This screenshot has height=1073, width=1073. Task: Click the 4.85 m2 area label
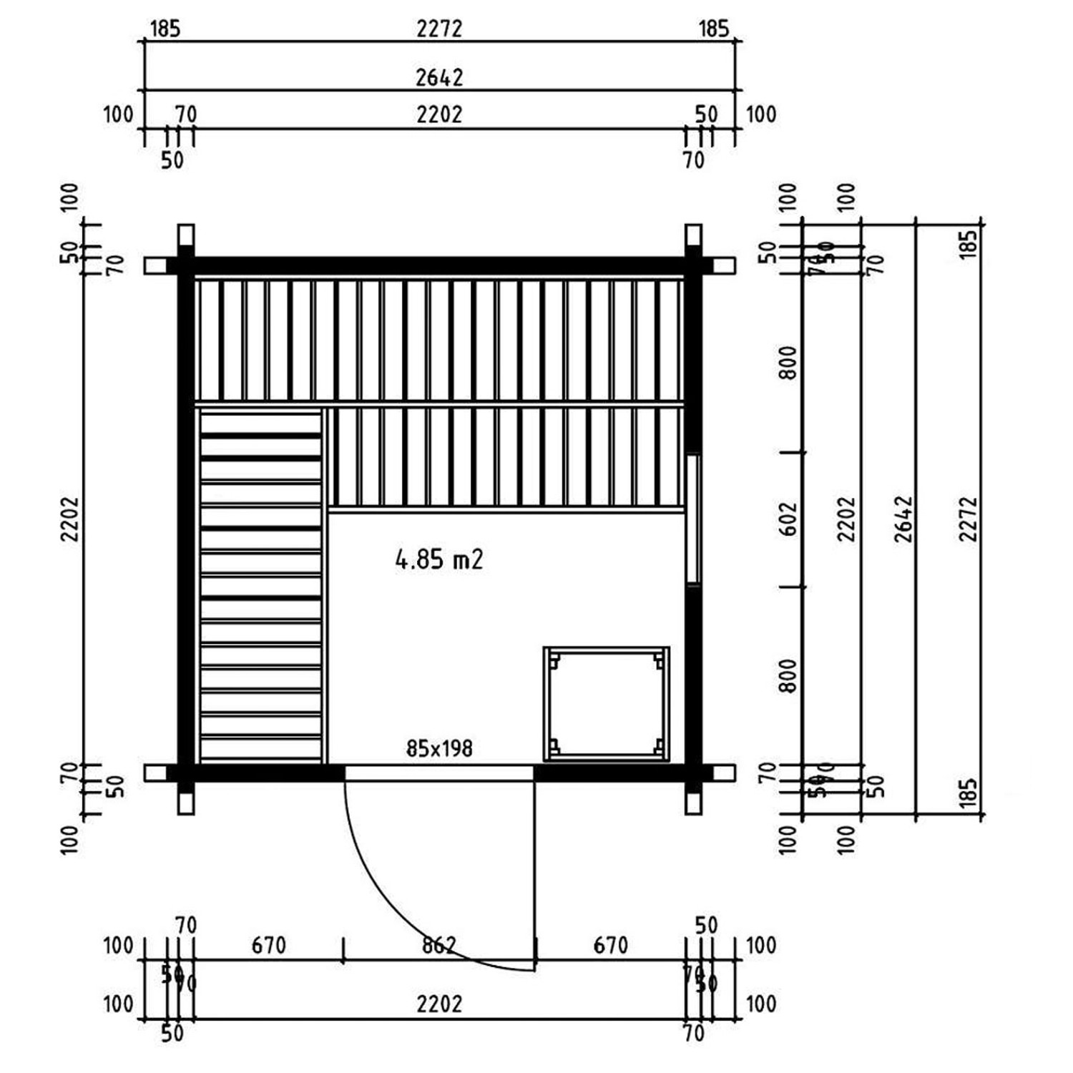[x=438, y=559]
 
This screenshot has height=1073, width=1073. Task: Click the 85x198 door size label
[x=438, y=748]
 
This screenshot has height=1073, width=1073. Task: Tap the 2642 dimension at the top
[x=439, y=77]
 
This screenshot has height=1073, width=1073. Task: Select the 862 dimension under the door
[x=438, y=946]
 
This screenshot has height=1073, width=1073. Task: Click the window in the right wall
[x=692, y=519]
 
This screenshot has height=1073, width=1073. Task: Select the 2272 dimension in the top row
[x=439, y=29]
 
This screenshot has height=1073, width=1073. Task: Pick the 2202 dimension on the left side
[x=69, y=519]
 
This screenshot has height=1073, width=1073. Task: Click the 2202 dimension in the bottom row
[x=439, y=1004]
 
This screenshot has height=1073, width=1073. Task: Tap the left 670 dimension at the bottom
[x=268, y=946]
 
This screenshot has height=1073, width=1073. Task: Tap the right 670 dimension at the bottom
[x=610, y=946]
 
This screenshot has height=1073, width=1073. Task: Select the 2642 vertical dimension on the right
[x=904, y=519]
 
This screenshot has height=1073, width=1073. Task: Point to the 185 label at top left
[x=165, y=29]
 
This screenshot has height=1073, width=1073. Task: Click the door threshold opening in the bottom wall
[x=438, y=773]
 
